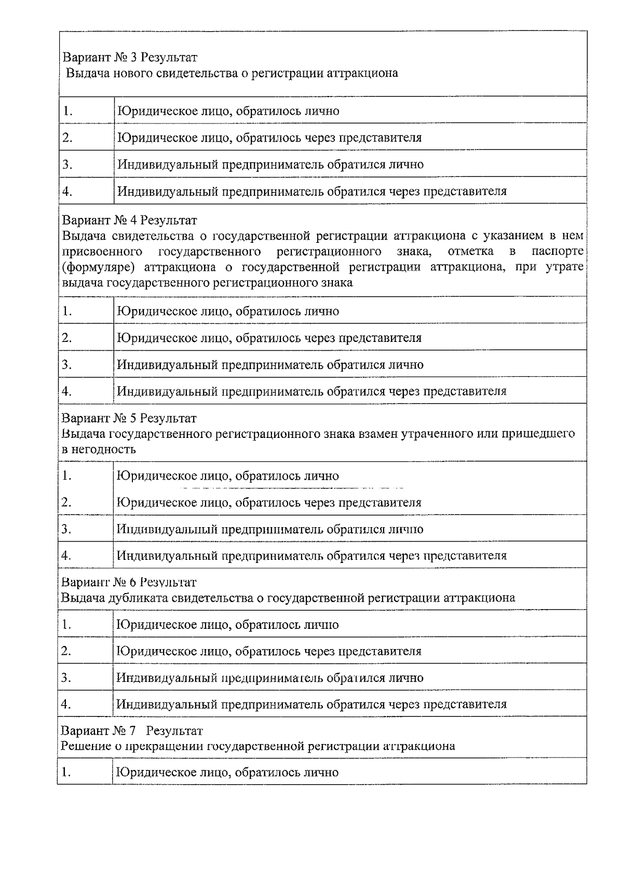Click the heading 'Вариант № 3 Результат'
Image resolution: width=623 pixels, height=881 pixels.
130,57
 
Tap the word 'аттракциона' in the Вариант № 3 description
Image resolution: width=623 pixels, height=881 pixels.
363,73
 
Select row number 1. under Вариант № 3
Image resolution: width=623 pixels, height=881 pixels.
67,111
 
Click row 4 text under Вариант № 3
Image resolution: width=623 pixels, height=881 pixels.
311,191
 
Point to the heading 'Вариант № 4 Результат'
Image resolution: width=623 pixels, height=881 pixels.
129,221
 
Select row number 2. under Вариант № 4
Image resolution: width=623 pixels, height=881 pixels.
67,338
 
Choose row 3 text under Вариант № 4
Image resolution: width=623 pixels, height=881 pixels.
270,365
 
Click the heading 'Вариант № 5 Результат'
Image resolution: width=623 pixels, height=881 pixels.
129,418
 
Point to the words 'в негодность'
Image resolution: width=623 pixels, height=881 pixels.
99,449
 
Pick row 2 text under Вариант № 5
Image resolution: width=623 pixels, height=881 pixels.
269,502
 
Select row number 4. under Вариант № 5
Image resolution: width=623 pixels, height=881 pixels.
66,556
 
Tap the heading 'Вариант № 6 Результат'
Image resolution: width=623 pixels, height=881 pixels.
129,582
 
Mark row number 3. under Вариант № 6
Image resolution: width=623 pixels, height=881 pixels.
66,678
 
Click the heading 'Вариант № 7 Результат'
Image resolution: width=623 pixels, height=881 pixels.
132,731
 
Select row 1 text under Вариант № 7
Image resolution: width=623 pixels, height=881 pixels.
227,773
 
